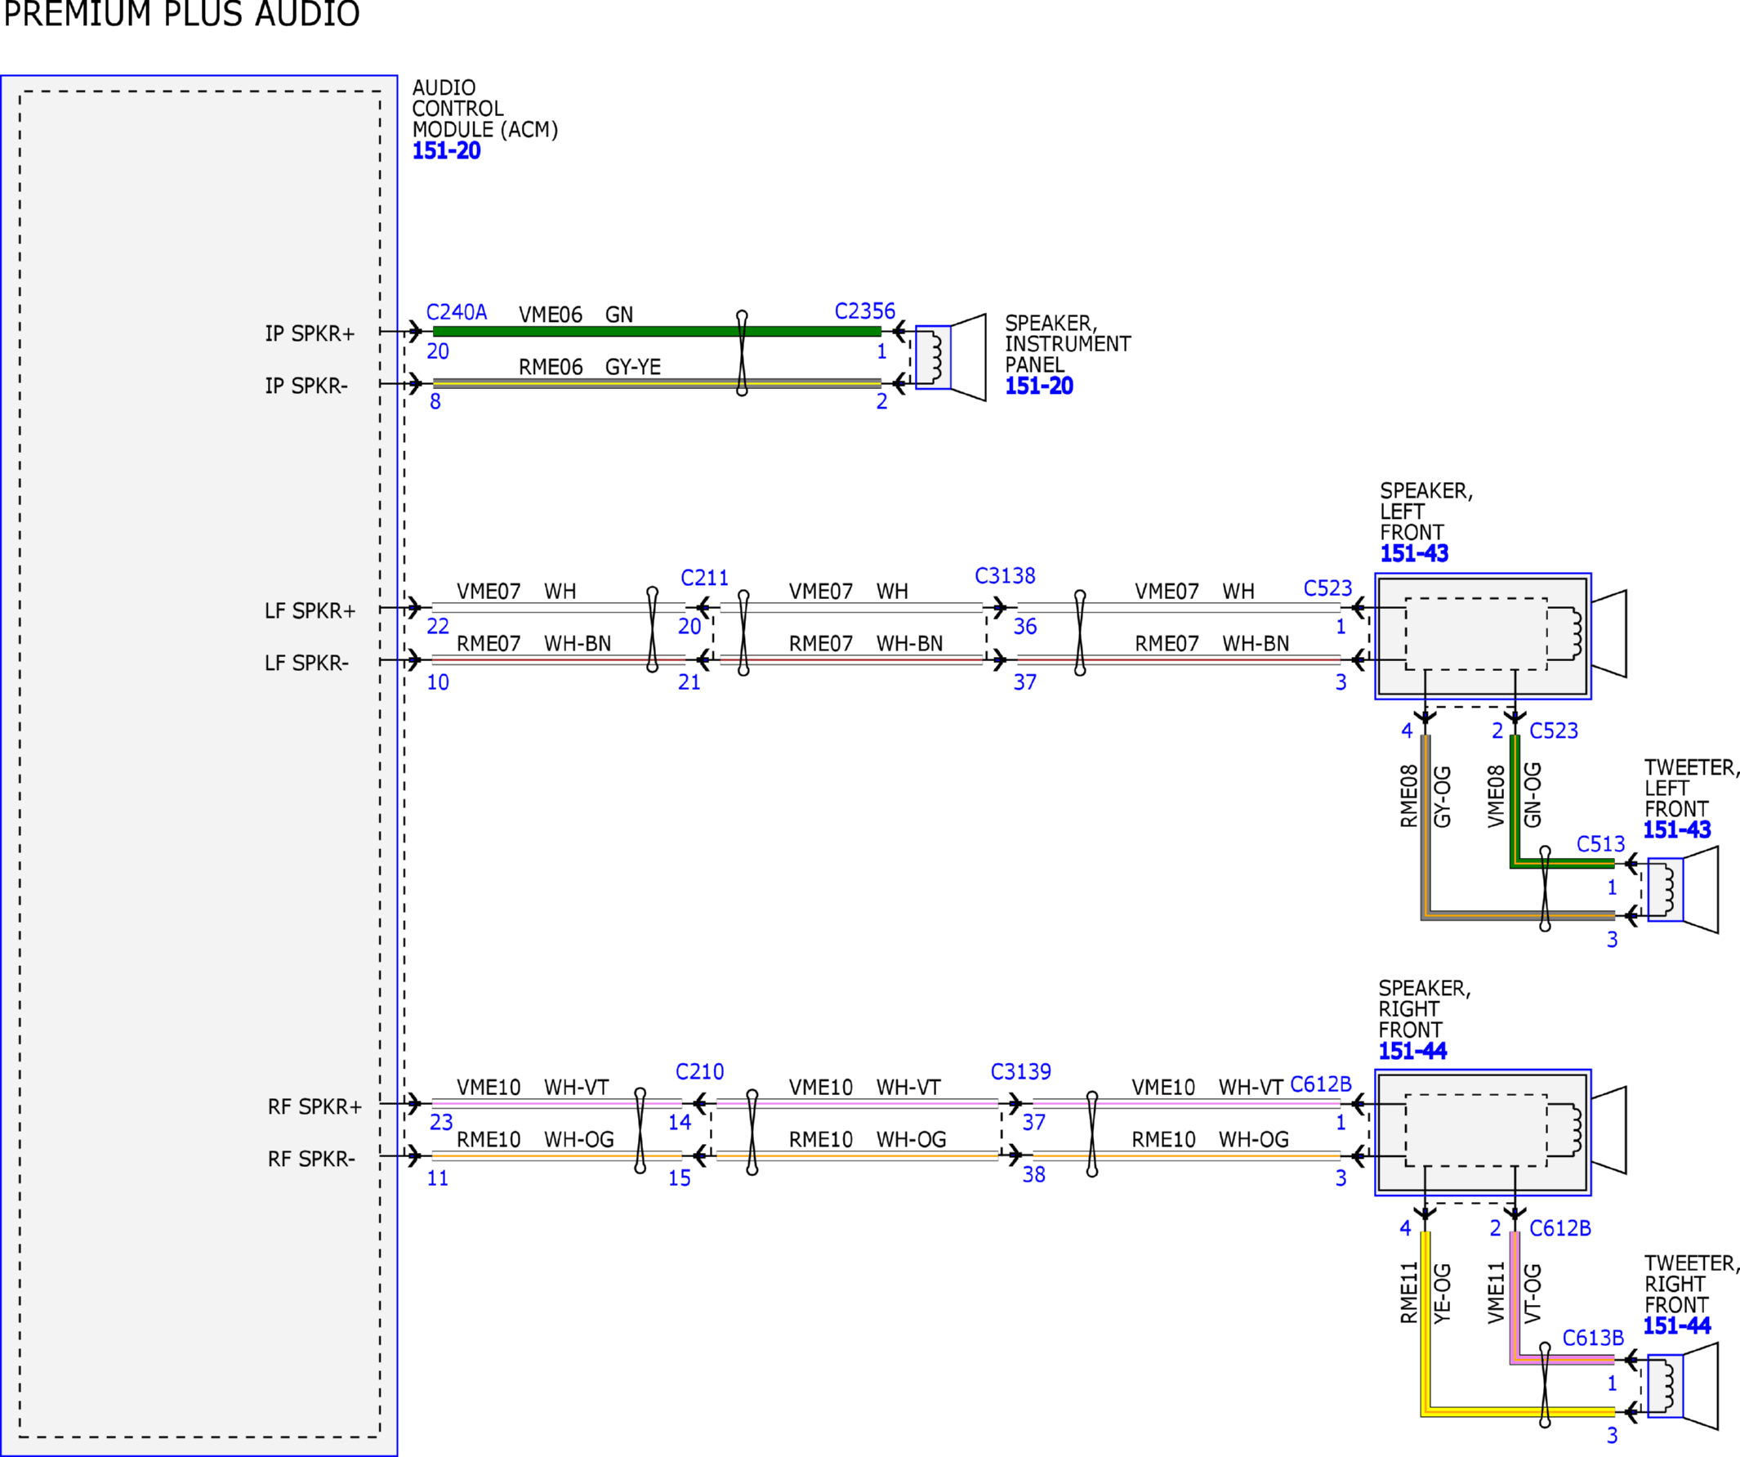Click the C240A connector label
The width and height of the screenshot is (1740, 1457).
point(456,312)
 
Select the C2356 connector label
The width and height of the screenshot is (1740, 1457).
point(864,311)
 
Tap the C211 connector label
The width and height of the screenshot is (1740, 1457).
point(704,578)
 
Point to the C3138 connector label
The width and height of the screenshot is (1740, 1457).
point(1004,576)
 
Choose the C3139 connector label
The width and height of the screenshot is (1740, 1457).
point(1021,1071)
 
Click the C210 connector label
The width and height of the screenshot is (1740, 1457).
point(699,1071)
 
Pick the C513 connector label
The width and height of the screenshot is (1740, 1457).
point(1600,843)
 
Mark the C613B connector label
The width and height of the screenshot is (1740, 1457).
point(1592,1339)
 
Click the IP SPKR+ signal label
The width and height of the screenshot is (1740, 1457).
point(310,333)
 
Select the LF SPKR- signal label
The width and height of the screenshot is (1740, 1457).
point(306,663)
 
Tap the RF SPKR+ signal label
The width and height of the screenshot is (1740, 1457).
point(315,1106)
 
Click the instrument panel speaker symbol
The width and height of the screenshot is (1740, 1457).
point(950,357)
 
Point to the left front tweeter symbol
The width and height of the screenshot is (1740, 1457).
point(1682,889)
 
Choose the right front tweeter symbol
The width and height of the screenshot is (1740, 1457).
point(1682,1386)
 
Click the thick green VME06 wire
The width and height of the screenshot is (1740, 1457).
point(657,332)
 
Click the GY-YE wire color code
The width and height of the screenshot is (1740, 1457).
point(633,367)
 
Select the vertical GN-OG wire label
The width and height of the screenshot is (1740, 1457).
point(1532,795)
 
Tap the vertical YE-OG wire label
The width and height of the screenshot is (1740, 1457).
point(1442,1293)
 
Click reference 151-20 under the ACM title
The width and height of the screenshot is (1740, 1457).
point(447,151)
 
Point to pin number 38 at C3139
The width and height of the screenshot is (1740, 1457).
point(1033,1174)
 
